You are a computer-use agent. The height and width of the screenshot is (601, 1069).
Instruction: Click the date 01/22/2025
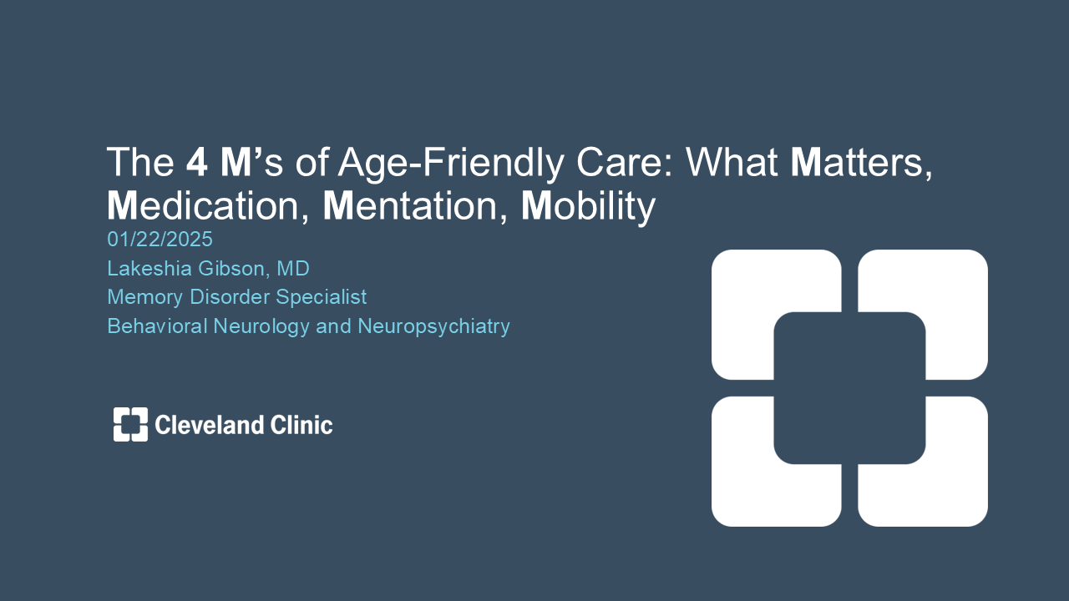click(x=160, y=240)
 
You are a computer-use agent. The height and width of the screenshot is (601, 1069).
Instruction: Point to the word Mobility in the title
click(x=588, y=206)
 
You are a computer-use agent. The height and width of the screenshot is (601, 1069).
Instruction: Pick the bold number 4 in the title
click(x=196, y=163)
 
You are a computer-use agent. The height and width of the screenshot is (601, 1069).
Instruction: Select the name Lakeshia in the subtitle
click(x=149, y=269)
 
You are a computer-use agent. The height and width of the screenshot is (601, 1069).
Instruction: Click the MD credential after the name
click(x=293, y=269)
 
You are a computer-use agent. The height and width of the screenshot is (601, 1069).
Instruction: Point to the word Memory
click(x=145, y=298)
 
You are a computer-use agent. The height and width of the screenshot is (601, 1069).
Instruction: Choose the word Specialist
click(x=322, y=297)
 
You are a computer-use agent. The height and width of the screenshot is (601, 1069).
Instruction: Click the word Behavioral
click(x=158, y=326)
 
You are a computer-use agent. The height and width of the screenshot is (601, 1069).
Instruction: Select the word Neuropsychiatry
click(x=433, y=327)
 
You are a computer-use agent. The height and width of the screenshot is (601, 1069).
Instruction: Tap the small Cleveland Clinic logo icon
click(x=130, y=424)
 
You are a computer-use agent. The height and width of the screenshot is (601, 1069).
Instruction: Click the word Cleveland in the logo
click(x=210, y=425)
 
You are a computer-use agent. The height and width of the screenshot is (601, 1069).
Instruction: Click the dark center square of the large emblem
click(x=849, y=388)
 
